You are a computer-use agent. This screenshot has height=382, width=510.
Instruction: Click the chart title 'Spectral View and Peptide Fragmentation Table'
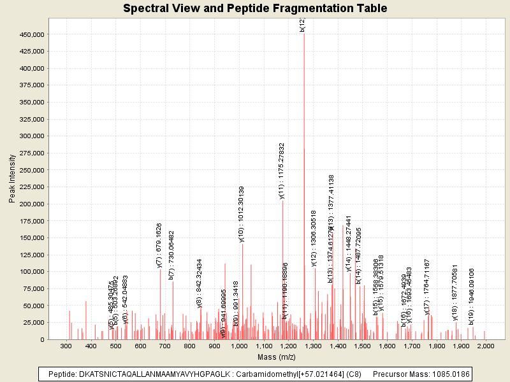click(x=255, y=9)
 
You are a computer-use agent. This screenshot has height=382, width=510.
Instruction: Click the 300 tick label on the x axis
click(x=66, y=346)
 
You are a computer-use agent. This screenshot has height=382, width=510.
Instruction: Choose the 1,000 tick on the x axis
click(x=239, y=346)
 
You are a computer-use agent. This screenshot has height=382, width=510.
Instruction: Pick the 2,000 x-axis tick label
click(x=486, y=346)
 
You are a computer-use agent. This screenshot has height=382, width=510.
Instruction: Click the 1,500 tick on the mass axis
click(x=362, y=346)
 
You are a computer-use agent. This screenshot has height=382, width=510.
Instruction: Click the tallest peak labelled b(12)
click(x=304, y=34)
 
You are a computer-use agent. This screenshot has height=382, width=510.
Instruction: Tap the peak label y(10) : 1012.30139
click(x=242, y=214)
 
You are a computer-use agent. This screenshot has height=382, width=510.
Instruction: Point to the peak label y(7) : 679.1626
click(x=159, y=244)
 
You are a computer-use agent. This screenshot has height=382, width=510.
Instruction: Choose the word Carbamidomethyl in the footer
click(x=267, y=374)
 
